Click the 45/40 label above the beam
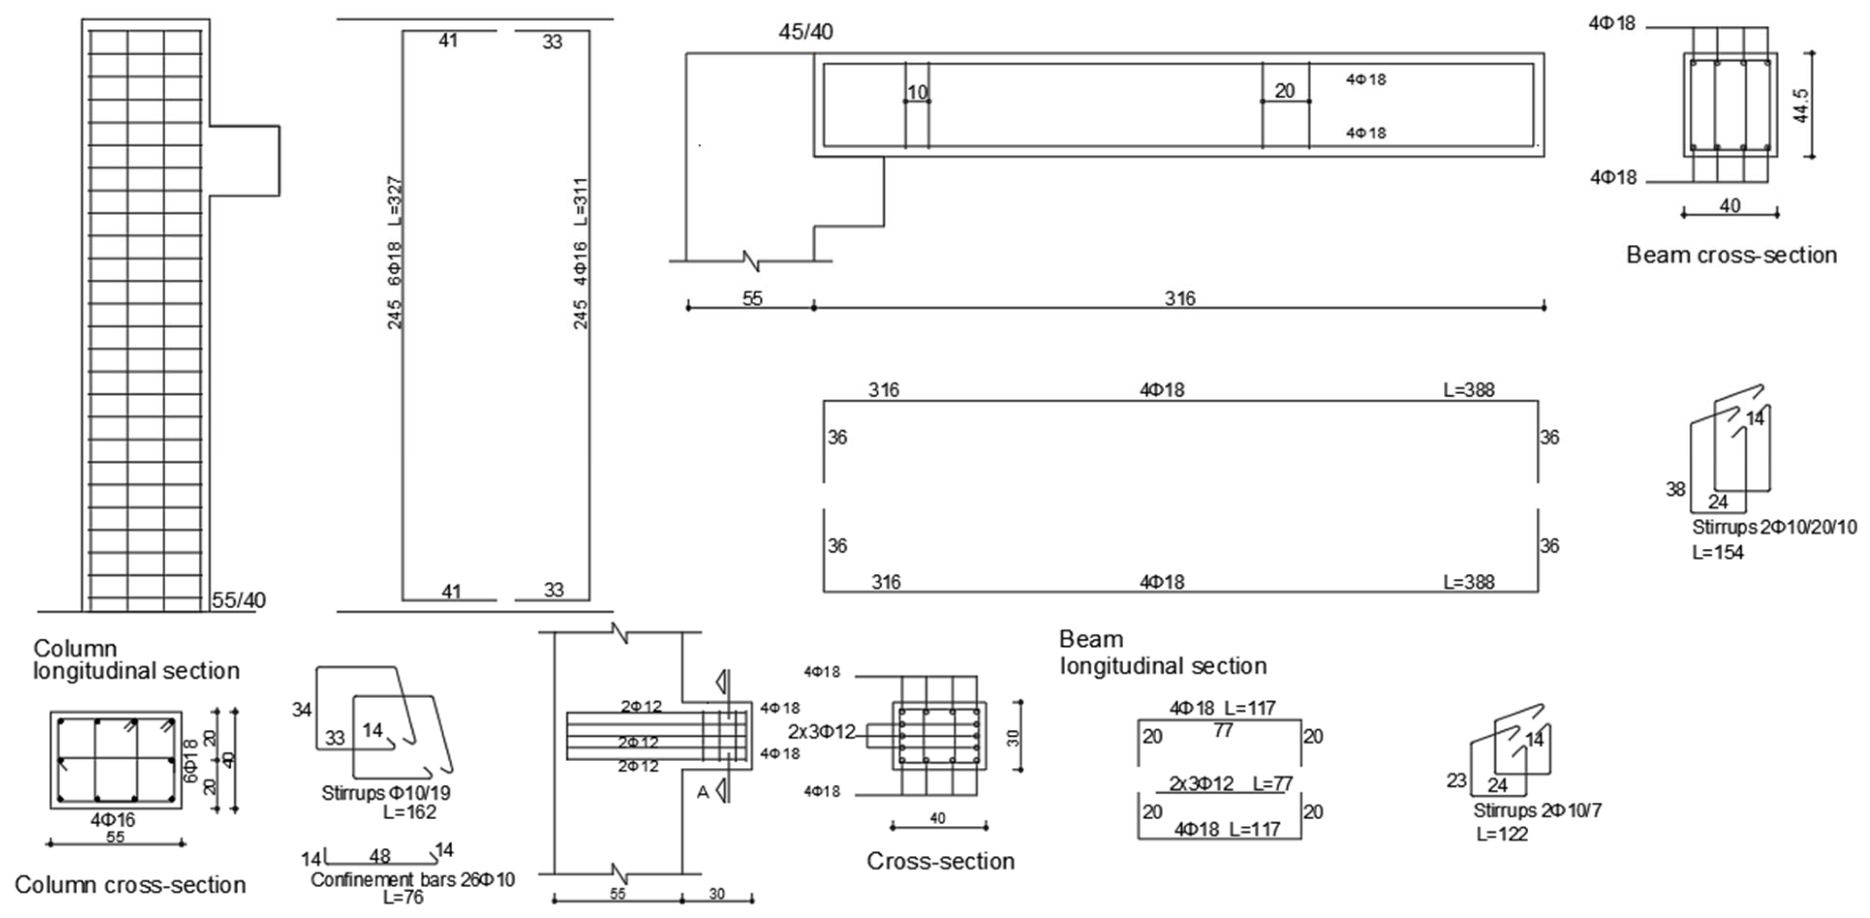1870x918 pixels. click(x=805, y=32)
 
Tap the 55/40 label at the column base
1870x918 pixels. click(x=238, y=600)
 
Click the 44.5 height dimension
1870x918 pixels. click(x=1801, y=104)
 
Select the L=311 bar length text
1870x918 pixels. click(x=581, y=201)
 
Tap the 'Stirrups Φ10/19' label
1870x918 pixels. click(x=386, y=793)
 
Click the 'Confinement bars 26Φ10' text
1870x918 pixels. click(x=412, y=879)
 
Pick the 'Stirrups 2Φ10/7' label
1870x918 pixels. click(x=1537, y=810)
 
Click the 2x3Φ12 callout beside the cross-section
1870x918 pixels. click(x=822, y=732)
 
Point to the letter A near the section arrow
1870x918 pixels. click(x=702, y=792)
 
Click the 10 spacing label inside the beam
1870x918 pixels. click(x=918, y=92)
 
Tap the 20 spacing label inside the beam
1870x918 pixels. click(x=1284, y=91)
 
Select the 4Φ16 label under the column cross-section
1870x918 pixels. click(x=113, y=820)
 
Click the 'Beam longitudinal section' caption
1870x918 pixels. click(x=1162, y=652)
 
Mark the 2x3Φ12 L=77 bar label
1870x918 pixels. click(x=1231, y=784)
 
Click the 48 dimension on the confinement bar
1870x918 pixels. click(x=380, y=856)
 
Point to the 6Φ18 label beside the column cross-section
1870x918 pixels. click(x=191, y=761)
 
